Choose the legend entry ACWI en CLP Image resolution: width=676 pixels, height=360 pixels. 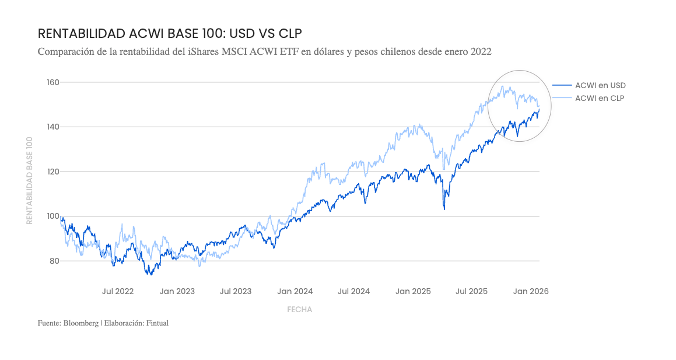pyautogui.click(x=600, y=98)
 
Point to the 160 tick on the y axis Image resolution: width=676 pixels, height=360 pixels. pyautogui.click(x=52, y=82)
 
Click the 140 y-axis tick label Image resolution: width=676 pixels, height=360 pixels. pyautogui.click(x=52, y=127)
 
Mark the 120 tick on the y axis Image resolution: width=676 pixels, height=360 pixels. pyautogui.click(x=52, y=172)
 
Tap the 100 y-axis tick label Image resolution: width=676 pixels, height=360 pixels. pyautogui.click(x=52, y=216)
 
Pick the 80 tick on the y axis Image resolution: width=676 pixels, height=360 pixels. pyautogui.click(x=54, y=261)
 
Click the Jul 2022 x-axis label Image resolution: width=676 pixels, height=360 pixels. pyautogui.click(x=118, y=291)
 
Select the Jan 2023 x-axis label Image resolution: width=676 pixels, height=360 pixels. pyautogui.click(x=177, y=291)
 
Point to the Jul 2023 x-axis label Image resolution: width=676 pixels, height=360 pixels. pyautogui.click(x=236, y=291)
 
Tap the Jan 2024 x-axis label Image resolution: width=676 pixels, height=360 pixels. pyautogui.click(x=295, y=291)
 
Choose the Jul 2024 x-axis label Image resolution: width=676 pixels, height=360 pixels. pyautogui.click(x=354, y=291)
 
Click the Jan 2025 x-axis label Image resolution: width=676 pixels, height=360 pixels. pyautogui.click(x=413, y=291)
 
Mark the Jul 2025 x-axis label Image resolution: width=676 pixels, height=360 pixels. pyautogui.click(x=471, y=291)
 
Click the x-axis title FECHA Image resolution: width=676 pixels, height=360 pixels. pyautogui.click(x=300, y=310)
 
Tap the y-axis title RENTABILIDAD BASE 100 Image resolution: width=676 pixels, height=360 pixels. pyautogui.click(x=29, y=180)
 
